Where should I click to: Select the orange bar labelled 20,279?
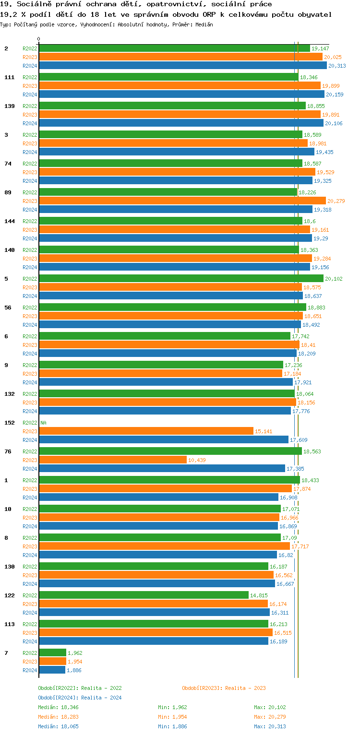click(182, 201)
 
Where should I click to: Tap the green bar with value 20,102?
click(181, 279)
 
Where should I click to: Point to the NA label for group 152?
click(43, 423)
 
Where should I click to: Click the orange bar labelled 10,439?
click(113, 460)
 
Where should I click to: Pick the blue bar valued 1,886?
click(52, 670)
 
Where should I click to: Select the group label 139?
click(9, 106)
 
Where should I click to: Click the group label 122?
click(9, 595)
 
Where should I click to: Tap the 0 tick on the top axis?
click(39, 39)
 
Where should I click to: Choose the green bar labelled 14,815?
click(144, 595)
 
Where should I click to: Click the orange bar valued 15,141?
click(146, 431)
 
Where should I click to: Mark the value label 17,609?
click(299, 440)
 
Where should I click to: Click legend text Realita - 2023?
click(245, 688)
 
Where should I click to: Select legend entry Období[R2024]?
click(59, 698)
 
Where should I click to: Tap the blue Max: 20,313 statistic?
click(270, 726)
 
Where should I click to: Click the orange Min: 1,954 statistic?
click(172, 717)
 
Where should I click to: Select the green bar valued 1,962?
click(52, 653)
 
